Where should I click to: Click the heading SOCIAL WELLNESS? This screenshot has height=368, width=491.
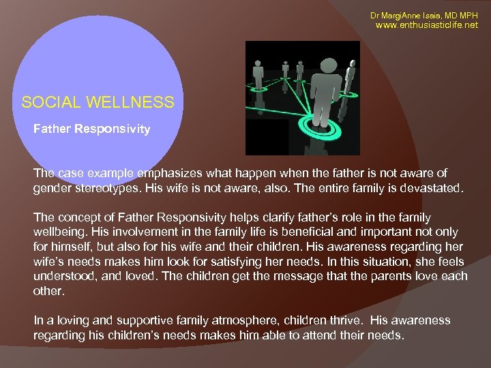click(x=98, y=103)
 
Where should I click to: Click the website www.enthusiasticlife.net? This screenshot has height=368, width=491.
click(x=427, y=25)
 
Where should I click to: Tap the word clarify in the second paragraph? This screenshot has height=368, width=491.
click(x=275, y=217)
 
